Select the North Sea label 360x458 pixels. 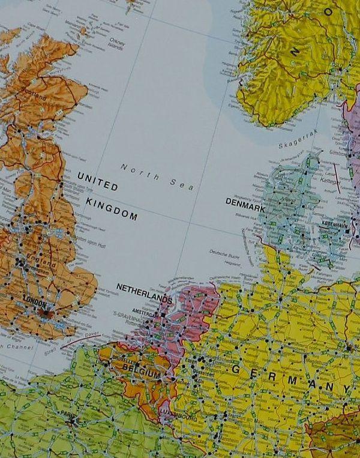click(x=157, y=176)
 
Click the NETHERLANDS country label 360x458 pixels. click(x=145, y=291)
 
